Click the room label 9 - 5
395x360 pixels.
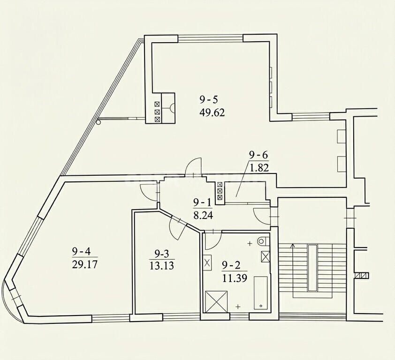pos(208,100)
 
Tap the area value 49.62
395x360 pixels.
pos(212,112)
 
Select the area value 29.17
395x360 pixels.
pos(84,264)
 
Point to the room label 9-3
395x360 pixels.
pos(161,255)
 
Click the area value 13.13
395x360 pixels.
pos(162,266)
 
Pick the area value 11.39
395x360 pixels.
pos(235,278)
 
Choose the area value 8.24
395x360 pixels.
pos(203,216)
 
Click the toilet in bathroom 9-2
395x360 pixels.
pos(263,241)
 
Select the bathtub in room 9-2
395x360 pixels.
pos(260,293)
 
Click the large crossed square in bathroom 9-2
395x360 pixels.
pos(216,301)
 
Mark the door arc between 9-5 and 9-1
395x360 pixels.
pos(193,165)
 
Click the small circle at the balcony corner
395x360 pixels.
pos(99,122)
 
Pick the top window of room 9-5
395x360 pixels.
pos(210,38)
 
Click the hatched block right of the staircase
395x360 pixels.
pos(362,276)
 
